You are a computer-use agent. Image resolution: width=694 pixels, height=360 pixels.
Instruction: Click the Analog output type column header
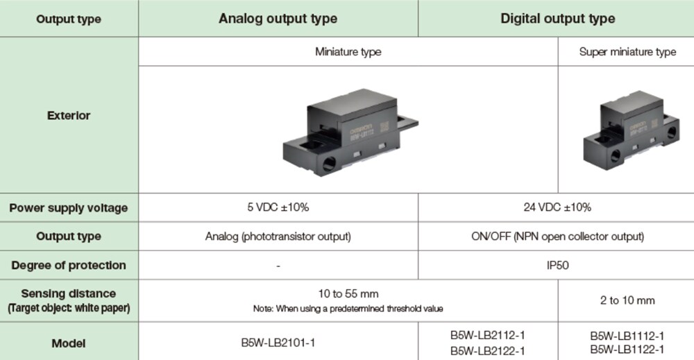(278, 19)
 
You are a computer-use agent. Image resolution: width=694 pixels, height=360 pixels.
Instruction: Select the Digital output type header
(558, 19)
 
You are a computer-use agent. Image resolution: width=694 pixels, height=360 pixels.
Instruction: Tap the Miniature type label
(348, 52)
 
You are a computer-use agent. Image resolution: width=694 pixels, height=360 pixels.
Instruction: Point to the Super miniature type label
(627, 52)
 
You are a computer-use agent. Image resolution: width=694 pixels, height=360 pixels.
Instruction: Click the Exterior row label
(69, 115)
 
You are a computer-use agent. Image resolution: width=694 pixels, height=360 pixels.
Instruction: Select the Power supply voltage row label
(69, 208)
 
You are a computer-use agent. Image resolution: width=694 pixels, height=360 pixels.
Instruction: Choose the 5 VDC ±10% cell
(278, 207)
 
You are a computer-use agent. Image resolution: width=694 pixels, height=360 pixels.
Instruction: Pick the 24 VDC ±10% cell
(557, 207)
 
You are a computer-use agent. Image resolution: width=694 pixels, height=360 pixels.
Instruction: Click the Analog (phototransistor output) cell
(278, 237)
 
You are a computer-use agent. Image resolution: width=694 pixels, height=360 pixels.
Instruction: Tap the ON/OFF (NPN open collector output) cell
(558, 237)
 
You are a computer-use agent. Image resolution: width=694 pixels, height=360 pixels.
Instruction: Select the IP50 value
(558, 266)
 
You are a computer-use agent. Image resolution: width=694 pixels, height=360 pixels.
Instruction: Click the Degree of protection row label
(69, 266)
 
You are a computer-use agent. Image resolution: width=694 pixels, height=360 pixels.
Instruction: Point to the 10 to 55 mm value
(348, 293)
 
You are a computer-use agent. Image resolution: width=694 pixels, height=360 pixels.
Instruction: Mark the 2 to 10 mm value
(627, 300)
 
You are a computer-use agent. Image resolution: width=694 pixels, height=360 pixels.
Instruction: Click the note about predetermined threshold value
(348, 309)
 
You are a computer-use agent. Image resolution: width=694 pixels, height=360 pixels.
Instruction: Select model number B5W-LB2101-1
(278, 343)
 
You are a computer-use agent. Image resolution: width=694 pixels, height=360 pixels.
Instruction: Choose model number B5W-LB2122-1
(488, 351)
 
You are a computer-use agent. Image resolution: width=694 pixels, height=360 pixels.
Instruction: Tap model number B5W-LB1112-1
(627, 336)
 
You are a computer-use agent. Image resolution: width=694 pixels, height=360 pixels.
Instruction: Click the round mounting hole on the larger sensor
(329, 164)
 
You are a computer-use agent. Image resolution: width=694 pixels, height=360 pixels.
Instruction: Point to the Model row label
(69, 343)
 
